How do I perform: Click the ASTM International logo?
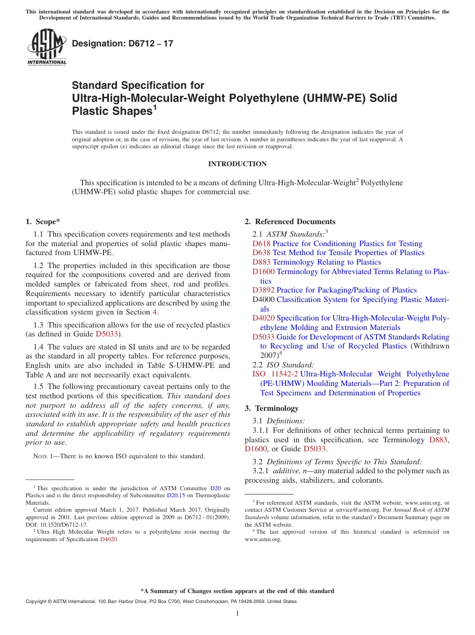[46, 47]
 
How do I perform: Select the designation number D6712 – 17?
[122, 43]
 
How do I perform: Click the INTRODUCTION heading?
[237, 164]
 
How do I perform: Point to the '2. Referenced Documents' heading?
[290, 222]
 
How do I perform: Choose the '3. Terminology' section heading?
[271, 408]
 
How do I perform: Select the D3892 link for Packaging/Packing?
[263, 290]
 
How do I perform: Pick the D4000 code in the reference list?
[263, 300]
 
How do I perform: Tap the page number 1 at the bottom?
[237, 614]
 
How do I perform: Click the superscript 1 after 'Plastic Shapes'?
[155, 107]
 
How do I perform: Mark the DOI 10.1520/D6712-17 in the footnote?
[56, 525]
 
